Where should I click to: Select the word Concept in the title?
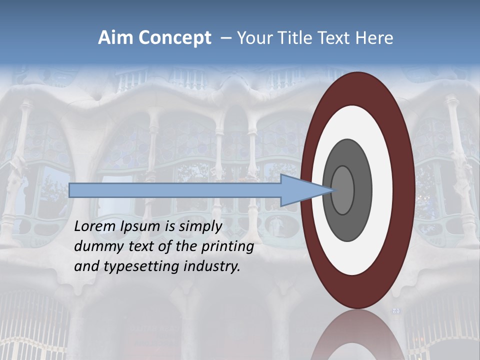click(x=175, y=38)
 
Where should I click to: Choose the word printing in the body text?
click(x=229, y=247)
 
